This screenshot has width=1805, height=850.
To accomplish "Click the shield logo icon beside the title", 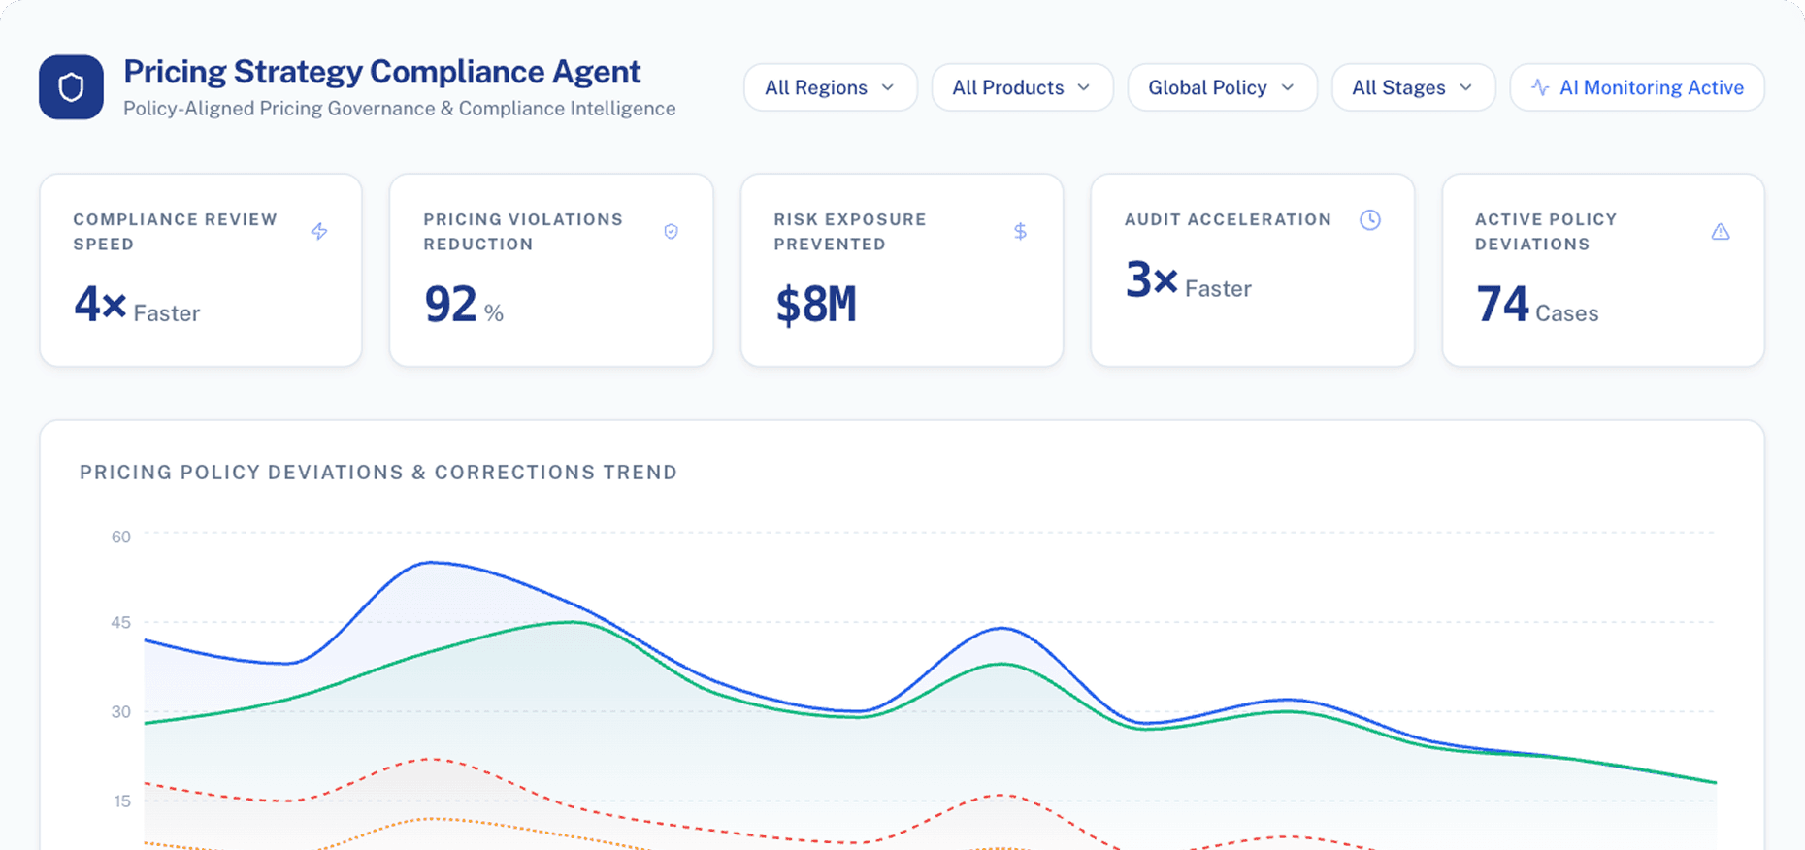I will point(71,87).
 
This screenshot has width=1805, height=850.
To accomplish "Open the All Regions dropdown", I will point(830,87).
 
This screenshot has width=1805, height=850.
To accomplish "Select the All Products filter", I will point(1021,87).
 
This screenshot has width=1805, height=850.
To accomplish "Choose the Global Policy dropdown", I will point(1221,87).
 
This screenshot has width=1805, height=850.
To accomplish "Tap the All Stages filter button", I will point(1412,87).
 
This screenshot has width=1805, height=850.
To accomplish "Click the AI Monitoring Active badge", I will point(1637,87).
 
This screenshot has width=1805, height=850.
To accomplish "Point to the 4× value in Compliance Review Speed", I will point(100,305).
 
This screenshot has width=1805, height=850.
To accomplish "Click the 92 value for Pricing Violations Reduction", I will point(450,305).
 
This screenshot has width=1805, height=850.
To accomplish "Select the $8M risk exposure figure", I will point(815,305).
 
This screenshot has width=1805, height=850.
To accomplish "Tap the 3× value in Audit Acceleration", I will point(1151,280).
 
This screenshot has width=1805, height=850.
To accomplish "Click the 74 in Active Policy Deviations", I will point(1502,305).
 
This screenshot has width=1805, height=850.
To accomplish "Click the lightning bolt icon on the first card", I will point(319,231).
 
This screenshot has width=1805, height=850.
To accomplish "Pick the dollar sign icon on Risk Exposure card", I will point(1020,231).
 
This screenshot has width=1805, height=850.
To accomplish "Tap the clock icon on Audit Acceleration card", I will point(1369,220).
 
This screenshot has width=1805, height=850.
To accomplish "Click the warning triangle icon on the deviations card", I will point(1721,231).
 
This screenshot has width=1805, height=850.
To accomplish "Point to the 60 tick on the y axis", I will point(120,537).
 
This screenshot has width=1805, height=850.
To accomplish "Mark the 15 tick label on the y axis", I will point(122,801).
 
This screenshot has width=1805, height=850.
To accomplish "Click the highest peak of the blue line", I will point(431,562).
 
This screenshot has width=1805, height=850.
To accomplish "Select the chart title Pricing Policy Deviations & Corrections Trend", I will point(378,473).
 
